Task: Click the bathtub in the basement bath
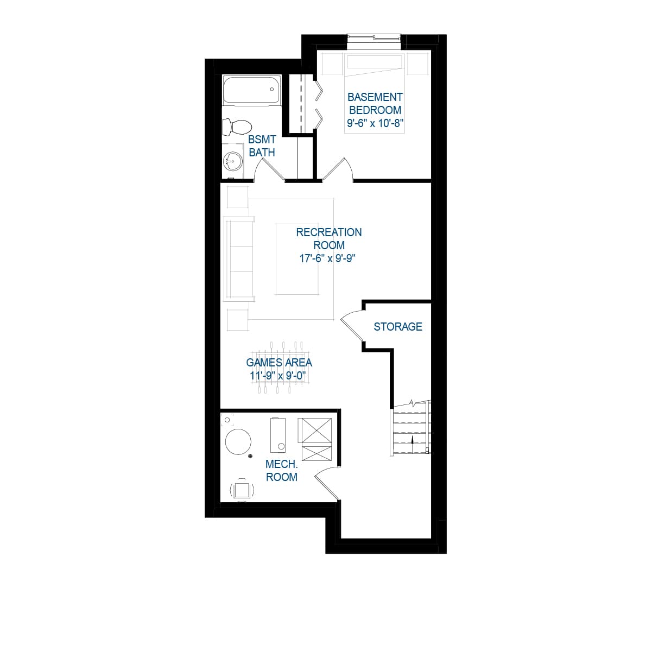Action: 251,90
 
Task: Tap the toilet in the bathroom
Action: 237,126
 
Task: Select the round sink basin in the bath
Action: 233,160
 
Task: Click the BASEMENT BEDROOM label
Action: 375,104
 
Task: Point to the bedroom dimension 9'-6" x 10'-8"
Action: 375,123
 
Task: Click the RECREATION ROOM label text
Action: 329,238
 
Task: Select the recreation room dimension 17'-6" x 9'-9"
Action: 327,258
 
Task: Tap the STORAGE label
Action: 398,326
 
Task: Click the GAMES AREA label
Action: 279,363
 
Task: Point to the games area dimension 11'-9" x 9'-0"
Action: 278,376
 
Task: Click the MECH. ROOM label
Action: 282,471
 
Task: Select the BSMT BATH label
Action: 262,146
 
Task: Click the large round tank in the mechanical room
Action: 238,442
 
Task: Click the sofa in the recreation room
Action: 238,259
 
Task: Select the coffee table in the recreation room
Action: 297,259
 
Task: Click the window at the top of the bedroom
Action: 374,38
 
